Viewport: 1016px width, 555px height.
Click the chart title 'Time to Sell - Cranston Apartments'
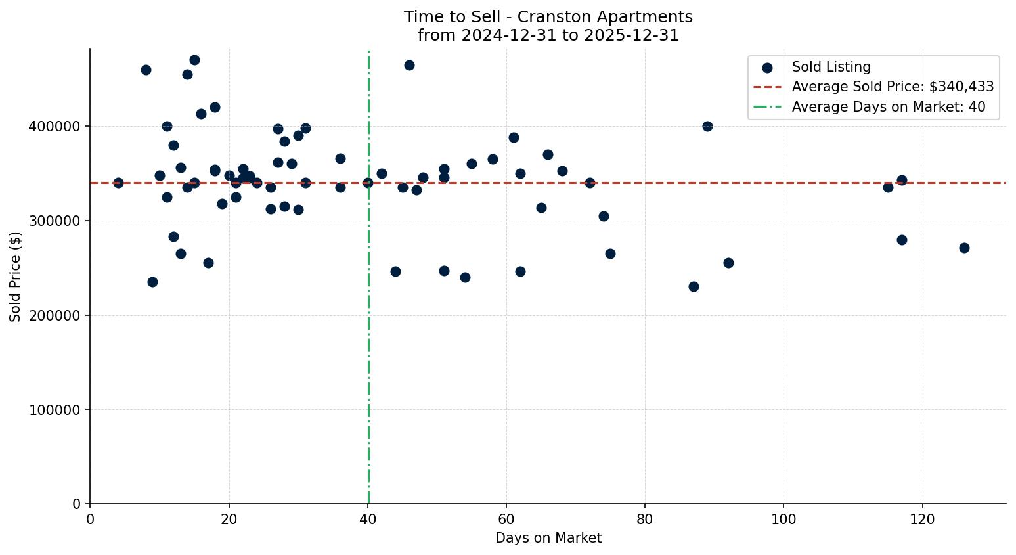(x=548, y=17)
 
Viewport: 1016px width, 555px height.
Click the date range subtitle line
(x=548, y=35)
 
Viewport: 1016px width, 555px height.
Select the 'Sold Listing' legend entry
(x=831, y=67)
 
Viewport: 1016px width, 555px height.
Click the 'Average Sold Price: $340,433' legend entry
(x=893, y=87)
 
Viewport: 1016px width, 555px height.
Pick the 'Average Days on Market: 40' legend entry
(x=888, y=107)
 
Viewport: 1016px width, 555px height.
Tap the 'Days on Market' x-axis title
(x=548, y=538)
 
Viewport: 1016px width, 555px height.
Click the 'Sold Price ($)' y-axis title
(x=16, y=277)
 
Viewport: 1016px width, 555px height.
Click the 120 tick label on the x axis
(x=922, y=520)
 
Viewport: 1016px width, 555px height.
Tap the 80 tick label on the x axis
(x=645, y=520)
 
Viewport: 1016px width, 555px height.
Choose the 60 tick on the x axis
(x=506, y=520)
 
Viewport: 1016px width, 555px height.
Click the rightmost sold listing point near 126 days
(x=964, y=248)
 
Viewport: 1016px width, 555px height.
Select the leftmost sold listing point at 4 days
(x=118, y=183)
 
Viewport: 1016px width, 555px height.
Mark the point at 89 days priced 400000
(x=707, y=126)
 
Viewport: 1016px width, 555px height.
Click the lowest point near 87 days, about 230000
(x=694, y=286)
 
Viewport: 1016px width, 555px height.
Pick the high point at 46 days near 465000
(x=409, y=65)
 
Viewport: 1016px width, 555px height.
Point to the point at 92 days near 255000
(x=728, y=263)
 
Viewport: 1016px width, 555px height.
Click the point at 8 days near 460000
(x=146, y=70)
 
